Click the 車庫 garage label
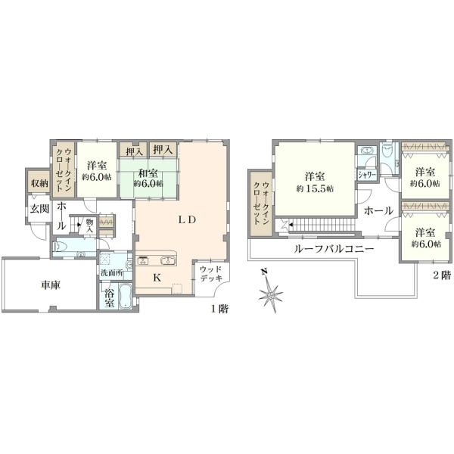click(x=51, y=285)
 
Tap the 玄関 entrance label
click(x=39, y=209)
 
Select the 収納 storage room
click(x=39, y=183)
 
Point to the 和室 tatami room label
click(x=148, y=173)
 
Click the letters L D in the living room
click(x=187, y=219)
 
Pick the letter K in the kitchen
click(x=157, y=278)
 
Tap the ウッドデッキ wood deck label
click(x=211, y=274)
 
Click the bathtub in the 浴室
click(x=125, y=296)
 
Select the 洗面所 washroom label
click(x=112, y=272)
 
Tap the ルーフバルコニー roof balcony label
click(x=334, y=249)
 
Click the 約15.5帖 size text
click(x=315, y=188)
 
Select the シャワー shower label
click(x=367, y=175)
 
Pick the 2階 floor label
click(x=442, y=275)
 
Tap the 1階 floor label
click(x=219, y=309)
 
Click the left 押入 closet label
click(x=134, y=151)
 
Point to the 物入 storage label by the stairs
click(x=89, y=225)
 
